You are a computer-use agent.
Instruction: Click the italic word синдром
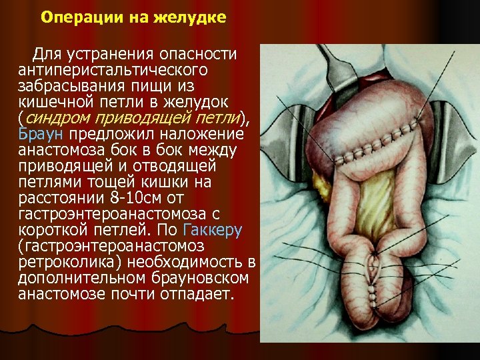click(57, 118)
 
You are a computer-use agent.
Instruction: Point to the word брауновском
click(199, 277)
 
